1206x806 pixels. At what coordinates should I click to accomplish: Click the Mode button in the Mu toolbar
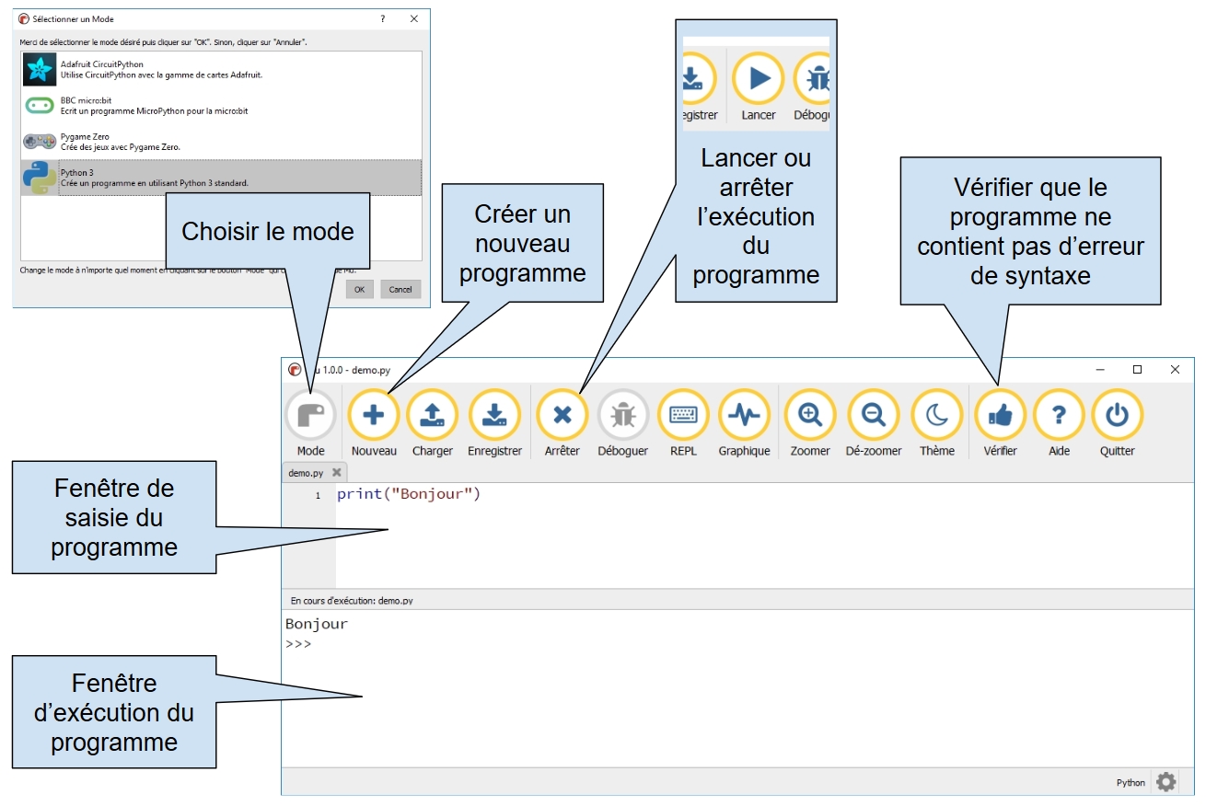310,416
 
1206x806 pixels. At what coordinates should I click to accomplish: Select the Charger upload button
432,416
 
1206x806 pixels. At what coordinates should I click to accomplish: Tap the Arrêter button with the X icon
562,416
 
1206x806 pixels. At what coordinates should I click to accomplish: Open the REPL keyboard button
683,416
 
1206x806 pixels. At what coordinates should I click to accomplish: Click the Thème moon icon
936,416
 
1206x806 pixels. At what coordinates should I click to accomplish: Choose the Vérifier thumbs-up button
1000,416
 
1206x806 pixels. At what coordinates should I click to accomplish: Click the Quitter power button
1117,416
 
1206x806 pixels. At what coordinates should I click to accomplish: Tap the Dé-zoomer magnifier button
873,416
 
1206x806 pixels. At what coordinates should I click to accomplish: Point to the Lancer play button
759,79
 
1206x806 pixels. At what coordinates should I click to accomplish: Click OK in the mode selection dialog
359,289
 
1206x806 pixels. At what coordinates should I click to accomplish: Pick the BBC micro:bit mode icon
40,106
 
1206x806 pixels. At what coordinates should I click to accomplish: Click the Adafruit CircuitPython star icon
40,70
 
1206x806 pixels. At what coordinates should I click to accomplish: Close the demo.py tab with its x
336,473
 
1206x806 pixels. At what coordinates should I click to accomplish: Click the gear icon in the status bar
1165,782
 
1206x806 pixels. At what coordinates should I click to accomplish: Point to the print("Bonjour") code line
409,495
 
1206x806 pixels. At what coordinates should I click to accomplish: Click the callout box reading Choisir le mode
267,231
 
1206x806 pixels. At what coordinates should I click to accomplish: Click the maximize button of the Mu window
1137,369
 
